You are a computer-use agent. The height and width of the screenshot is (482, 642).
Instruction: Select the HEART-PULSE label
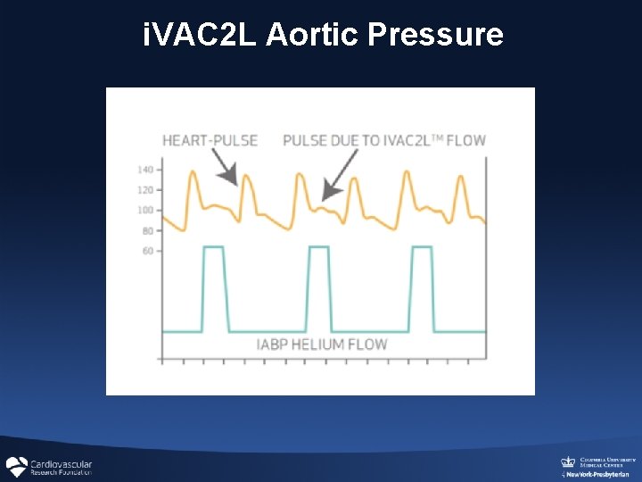click(210, 140)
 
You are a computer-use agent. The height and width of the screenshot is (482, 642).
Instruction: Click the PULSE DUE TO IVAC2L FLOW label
click(383, 140)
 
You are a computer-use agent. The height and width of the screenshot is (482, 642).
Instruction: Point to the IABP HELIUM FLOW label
click(322, 345)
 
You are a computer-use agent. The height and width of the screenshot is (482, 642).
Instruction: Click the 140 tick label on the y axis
click(145, 170)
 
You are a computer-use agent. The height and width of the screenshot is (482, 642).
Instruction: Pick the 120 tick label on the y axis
click(145, 190)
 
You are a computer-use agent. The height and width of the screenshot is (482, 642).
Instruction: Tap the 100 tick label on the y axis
click(145, 211)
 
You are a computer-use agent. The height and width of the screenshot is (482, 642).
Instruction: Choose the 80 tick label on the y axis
click(147, 231)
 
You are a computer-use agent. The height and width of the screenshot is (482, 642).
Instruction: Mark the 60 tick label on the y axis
click(147, 251)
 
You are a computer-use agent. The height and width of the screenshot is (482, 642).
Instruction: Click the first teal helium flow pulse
click(214, 286)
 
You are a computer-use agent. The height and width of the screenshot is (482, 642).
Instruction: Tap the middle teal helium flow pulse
click(319, 286)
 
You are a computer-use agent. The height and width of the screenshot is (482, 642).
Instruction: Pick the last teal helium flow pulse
click(423, 286)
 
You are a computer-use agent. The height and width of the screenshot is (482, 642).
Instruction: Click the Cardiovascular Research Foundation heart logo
click(16, 467)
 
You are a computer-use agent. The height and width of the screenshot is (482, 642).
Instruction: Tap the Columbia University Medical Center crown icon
click(567, 461)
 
